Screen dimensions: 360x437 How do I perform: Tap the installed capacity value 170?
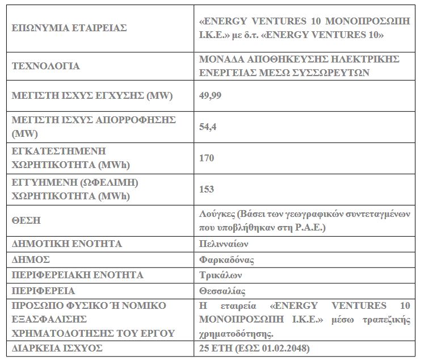(207, 158)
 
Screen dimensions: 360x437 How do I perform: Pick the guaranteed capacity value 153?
(207, 189)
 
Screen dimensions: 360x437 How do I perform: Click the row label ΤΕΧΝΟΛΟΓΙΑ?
(46, 66)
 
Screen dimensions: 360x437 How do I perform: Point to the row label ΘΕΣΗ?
(26, 220)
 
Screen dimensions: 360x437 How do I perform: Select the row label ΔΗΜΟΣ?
(31, 259)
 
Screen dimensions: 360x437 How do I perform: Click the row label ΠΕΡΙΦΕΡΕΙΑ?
(43, 291)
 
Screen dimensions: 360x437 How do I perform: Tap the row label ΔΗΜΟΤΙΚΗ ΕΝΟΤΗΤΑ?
(67, 244)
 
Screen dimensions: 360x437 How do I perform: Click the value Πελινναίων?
(224, 244)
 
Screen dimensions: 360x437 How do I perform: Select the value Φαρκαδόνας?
(226, 260)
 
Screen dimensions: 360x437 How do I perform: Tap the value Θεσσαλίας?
(222, 291)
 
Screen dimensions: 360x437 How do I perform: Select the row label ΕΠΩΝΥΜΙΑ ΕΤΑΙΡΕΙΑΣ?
(69, 27)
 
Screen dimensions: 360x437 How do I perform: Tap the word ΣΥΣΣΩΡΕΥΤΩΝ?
(334, 72)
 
